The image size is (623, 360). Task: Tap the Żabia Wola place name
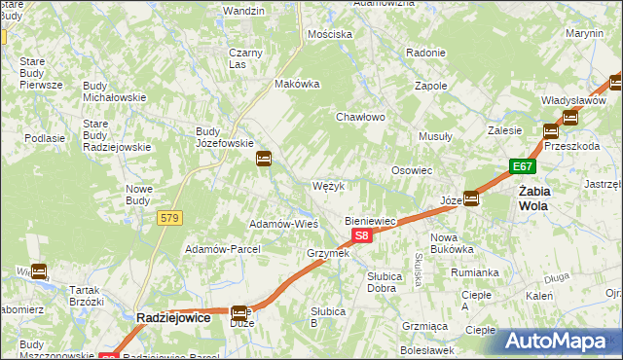(535, 198)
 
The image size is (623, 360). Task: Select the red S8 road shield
(361, 235)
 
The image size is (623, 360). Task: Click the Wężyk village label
(328, 186)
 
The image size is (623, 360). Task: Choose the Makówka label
(298, 84)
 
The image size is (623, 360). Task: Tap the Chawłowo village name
(361, 117)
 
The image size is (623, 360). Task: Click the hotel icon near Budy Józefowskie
(264, 159)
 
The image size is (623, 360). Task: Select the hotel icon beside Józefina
(471, 198)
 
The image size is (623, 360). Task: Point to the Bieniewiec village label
(370, 221)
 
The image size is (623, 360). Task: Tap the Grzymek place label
(327, 253)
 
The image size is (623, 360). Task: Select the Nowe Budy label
(139, 195)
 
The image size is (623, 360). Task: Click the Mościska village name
(329, 34)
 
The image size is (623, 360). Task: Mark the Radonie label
(425, 53)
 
